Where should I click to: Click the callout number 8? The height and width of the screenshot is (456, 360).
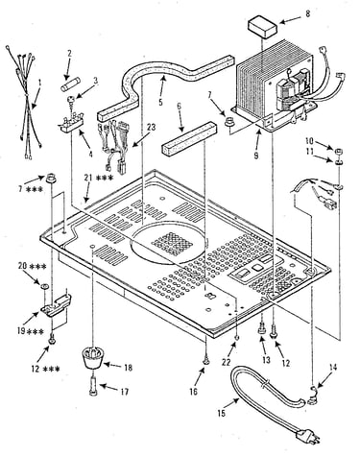[x=308, y=14]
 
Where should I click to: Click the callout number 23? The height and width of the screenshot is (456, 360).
[x=151, y=128]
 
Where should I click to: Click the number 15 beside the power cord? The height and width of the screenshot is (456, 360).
[x=222, y=413]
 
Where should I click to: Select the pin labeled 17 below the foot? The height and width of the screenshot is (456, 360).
[x=93, y=387]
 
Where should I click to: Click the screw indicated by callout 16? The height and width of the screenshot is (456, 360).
[x=206, y=361]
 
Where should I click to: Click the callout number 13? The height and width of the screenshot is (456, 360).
[x=266, y=360]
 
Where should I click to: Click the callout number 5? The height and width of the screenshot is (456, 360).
[x=160, y=103]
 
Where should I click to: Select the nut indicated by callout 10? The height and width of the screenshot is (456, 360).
[x=339, y=151]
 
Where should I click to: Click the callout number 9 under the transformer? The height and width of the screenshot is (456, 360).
[x=256, y=156]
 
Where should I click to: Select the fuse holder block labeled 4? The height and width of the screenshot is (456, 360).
[x=71, y=124]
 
